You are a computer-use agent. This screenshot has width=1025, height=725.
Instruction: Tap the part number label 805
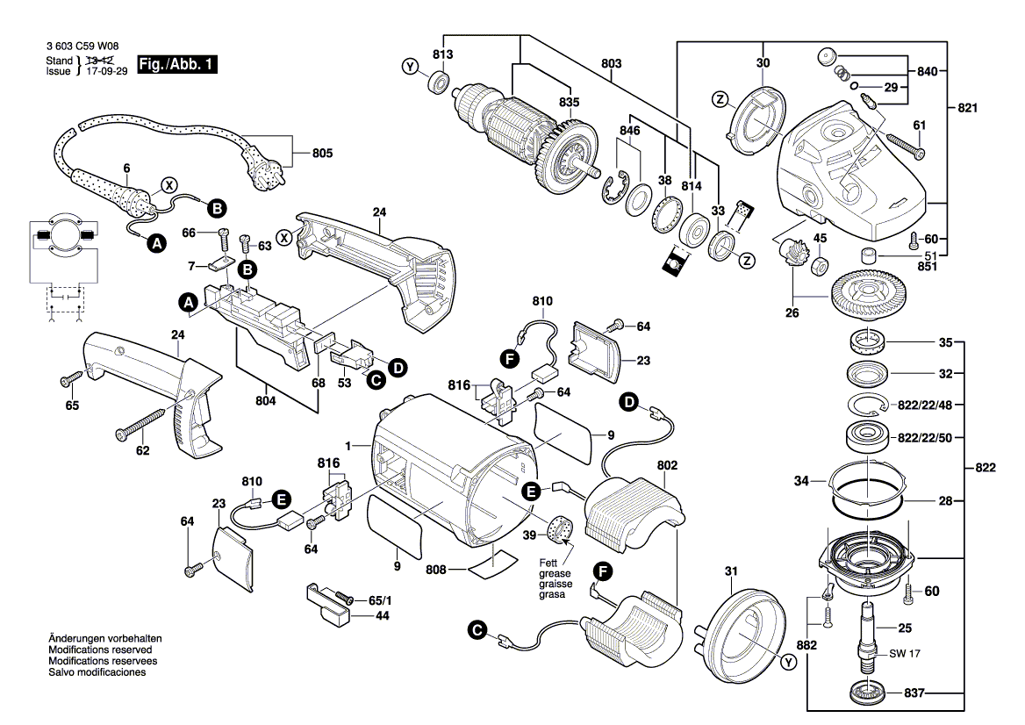tap(323, 154)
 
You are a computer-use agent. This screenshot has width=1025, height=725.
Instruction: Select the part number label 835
tap(570, 103)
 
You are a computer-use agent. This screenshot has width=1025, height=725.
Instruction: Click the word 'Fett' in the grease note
tap(548, 563)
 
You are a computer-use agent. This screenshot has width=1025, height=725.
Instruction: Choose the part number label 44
tap(383, 616)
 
